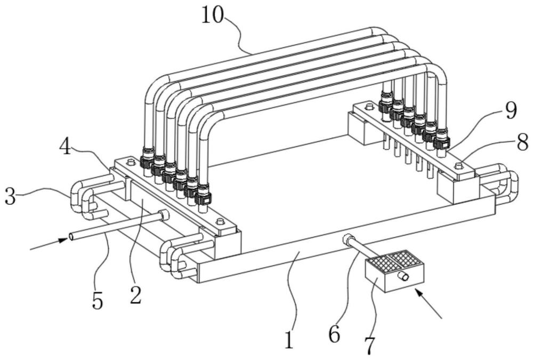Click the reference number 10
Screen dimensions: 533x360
tap(213, 15)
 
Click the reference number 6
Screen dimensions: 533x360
tap(334, 334)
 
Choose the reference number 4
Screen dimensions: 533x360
tap(66, 147)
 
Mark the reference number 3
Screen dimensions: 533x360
tap(10, 197)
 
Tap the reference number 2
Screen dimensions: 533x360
tap(135, 295)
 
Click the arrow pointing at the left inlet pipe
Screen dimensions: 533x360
tap(49, 244)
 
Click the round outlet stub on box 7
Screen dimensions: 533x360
tap(403, 277)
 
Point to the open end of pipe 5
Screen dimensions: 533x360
tap(72, 236)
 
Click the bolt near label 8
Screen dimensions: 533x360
tap(458, 166)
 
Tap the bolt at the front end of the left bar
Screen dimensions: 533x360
tap(220, 221)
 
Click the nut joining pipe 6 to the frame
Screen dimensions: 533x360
tap(347, 239)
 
